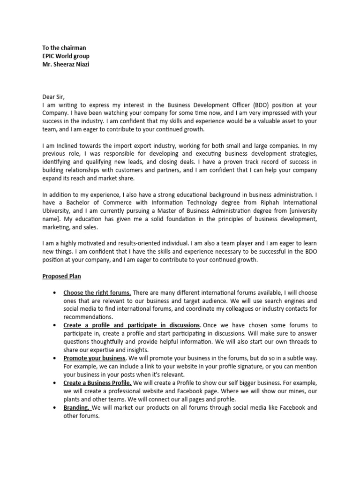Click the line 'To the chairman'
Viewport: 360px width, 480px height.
64,48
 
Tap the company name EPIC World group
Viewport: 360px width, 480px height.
66,56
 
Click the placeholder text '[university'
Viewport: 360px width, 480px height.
300,211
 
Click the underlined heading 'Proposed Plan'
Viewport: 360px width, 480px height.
61,277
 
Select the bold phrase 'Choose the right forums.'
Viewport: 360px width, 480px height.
97,292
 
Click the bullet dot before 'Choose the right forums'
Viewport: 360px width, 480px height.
56,293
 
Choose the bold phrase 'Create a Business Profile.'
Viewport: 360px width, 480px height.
97,383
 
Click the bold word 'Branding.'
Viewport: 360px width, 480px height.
77,408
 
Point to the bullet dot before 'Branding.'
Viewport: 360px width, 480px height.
56,408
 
